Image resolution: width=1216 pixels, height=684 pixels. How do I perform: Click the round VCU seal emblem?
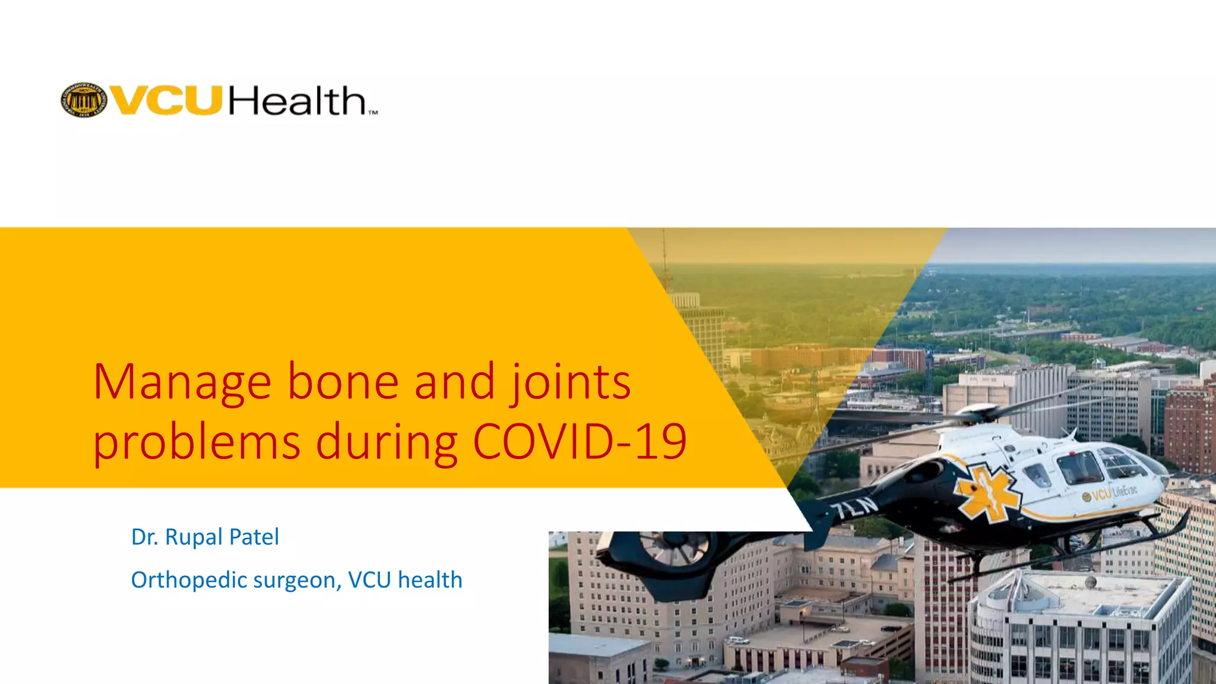[x=84, y=100]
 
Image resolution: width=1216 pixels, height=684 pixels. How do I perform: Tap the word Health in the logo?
[x=297, y=101]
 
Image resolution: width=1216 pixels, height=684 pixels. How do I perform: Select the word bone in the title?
[x=343, y=382]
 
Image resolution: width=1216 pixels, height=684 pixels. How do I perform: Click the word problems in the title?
[x=197, y=443]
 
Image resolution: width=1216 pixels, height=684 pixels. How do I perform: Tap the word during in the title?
[x=386, y=443]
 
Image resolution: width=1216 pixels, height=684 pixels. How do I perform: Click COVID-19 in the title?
[x=579, y=442]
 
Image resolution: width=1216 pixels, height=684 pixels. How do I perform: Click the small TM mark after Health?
[x=372, y=112]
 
